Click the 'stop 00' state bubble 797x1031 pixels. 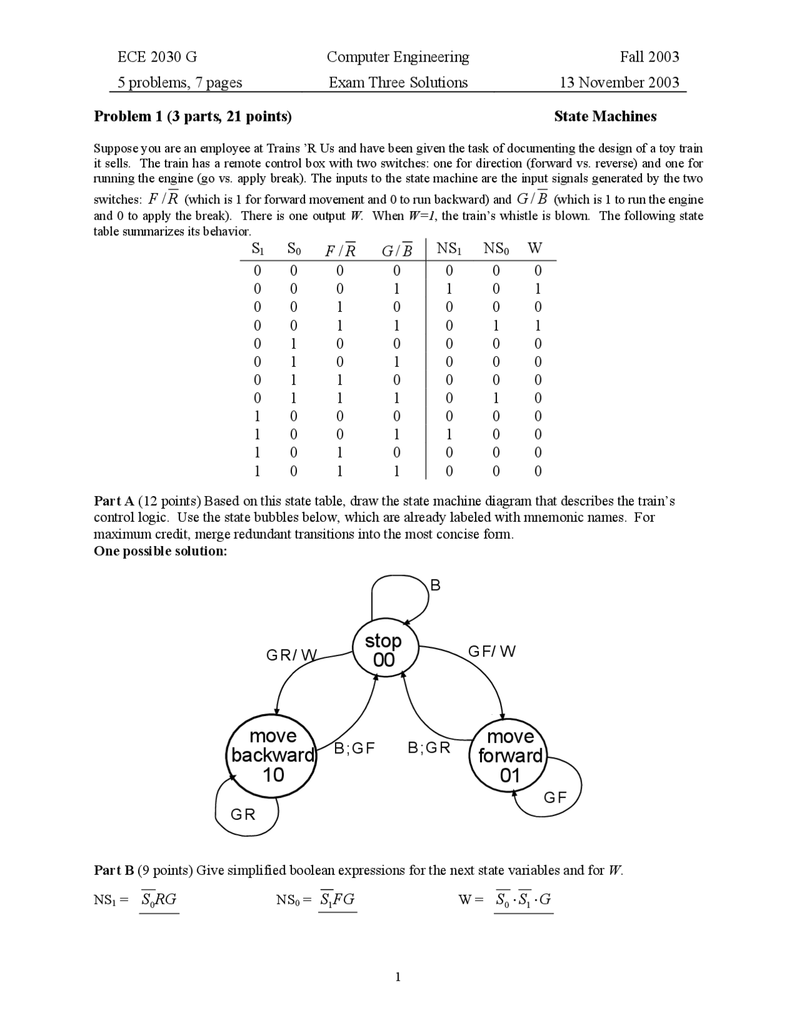tap(384, 650)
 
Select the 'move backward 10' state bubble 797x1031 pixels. tap(273, 755)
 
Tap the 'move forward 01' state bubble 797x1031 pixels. tap(510, 755)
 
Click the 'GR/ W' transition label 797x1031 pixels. tap(291, 655)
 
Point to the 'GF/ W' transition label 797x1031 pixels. tap(492, 651)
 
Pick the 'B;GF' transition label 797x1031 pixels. tap(354, 748)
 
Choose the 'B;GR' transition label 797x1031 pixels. tap(429, 748)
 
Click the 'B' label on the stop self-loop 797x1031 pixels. tap(435, 585)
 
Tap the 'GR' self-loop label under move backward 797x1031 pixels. tap(243, 814)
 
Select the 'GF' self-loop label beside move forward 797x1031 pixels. tap(555, 798)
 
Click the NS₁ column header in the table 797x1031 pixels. tap(449, 248)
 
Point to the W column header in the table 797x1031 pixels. tap(534, 248)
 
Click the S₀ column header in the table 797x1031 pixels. tap(294, 249)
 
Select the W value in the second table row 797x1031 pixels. tap(538, 289)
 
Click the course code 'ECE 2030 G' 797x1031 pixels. tap(157, 57)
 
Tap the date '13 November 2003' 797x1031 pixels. tap(619, 82)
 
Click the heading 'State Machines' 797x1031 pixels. tap(605, 116)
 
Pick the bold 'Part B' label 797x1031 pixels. tap(114, 870)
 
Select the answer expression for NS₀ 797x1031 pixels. tap(338, 900)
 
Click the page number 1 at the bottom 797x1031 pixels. tap(398, 977)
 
